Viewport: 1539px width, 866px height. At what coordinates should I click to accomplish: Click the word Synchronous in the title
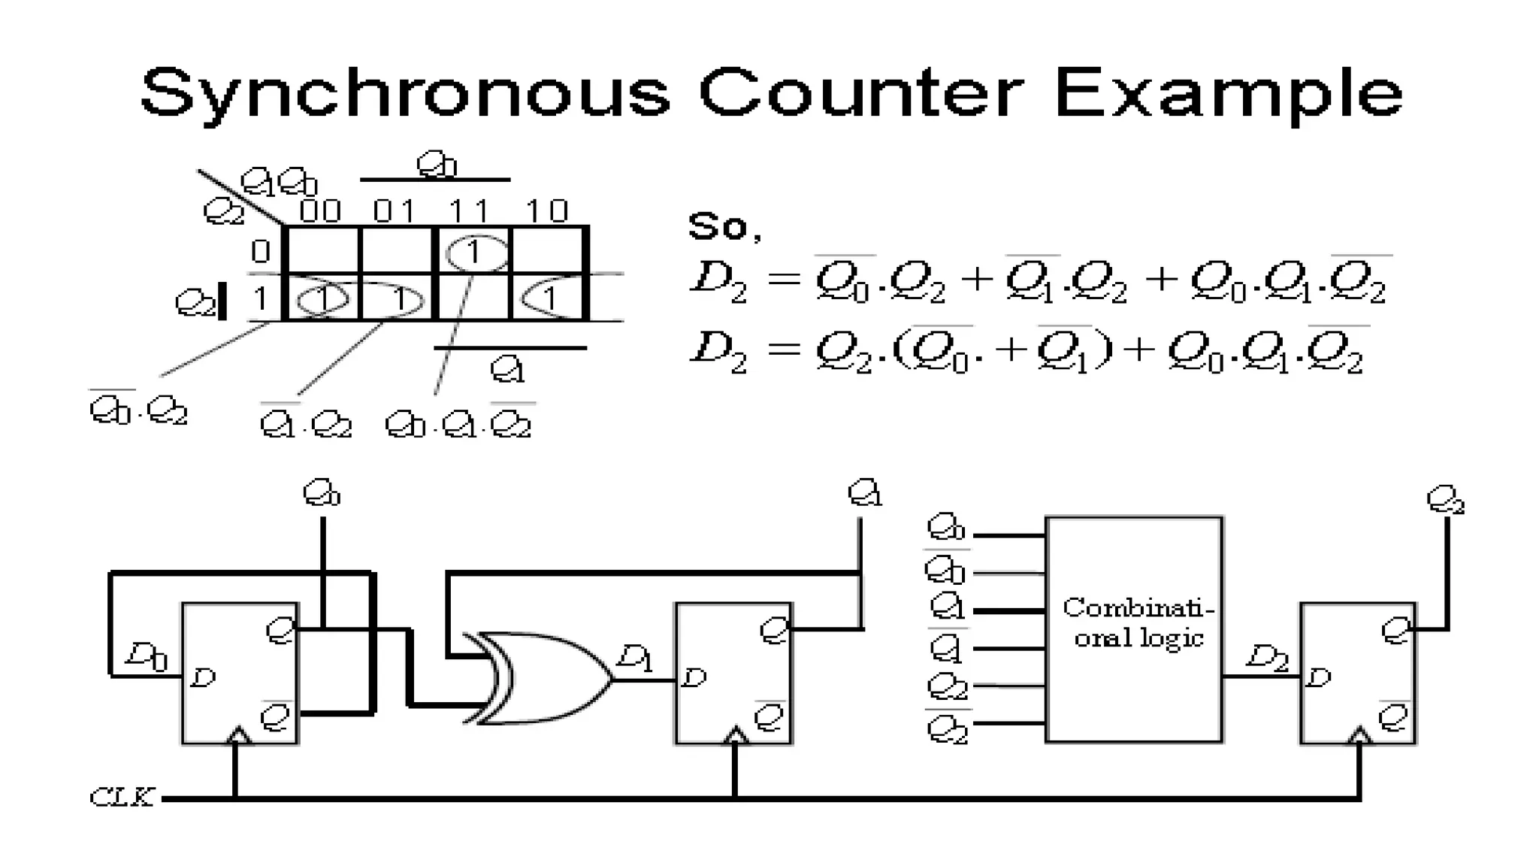coord(404,93)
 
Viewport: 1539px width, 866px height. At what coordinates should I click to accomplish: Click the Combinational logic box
coord(1133,629)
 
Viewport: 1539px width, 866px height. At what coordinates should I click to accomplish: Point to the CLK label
coord(122,797)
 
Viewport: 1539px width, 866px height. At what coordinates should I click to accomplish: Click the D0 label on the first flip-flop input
coord(147,656)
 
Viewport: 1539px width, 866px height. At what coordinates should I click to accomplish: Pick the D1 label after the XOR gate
coord(635,659)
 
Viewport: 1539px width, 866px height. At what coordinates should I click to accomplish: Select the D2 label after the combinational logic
coord(1267,658)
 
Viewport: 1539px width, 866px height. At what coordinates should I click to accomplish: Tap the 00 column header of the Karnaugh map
coord(320,211)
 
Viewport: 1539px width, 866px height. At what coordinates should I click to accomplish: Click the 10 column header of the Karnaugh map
coord(546,211)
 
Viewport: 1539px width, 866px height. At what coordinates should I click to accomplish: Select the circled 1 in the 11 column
coord(474,253)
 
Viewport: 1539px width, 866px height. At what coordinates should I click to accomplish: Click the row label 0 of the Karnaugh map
coord(260,251)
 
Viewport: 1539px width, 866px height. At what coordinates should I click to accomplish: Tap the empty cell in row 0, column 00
coord(323,251)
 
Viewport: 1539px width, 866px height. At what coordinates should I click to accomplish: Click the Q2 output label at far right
coord(1445,500)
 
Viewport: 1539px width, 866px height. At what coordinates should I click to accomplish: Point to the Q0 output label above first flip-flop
coord(322,494)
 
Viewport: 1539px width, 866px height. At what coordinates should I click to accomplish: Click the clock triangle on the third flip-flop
coord(1359,735)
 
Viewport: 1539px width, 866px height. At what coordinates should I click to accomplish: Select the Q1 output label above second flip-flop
coord(864,494)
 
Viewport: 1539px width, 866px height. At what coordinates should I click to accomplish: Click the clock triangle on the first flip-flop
coord(237,735)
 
